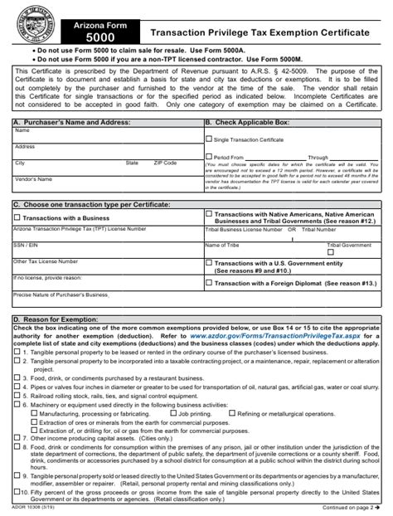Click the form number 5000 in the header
pos(95,37)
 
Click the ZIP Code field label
pos(164,163)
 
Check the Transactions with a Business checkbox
pos(17,217)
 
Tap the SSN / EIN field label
pos(26,245)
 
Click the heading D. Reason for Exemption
pos(53,319)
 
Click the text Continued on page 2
pos(348,508)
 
